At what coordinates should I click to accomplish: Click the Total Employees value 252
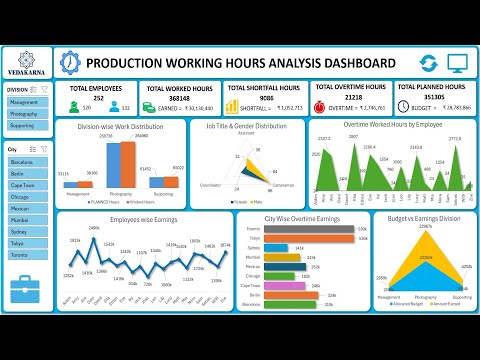coord(99,99)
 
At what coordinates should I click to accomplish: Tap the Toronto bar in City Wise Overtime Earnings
coord(310,229)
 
